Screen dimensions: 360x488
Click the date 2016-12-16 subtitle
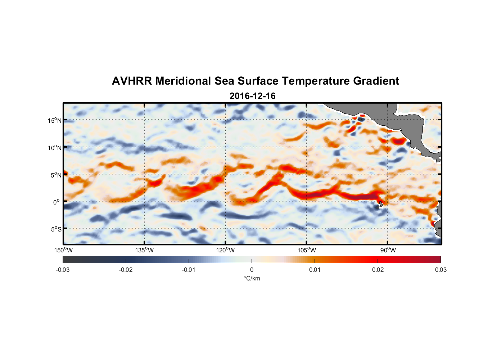252,96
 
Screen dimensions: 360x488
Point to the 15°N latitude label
54,120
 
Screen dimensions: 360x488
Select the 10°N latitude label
54,148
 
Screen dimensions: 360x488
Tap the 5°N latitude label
55,175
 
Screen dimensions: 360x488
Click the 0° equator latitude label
57,202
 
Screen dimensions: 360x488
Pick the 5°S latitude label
55,229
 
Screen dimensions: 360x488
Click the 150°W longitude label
63,250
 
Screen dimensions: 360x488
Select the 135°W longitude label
144,250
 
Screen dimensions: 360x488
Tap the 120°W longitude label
225,250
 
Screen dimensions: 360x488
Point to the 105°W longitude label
307,250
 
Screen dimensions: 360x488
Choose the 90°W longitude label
388,250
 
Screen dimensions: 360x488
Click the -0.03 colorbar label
63,270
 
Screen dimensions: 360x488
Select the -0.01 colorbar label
189,270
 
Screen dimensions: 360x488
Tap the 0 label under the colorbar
252,270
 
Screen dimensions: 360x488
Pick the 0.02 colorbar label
378,270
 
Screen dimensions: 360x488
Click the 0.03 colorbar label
440,270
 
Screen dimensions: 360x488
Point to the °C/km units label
252,278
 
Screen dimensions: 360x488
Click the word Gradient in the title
376,81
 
